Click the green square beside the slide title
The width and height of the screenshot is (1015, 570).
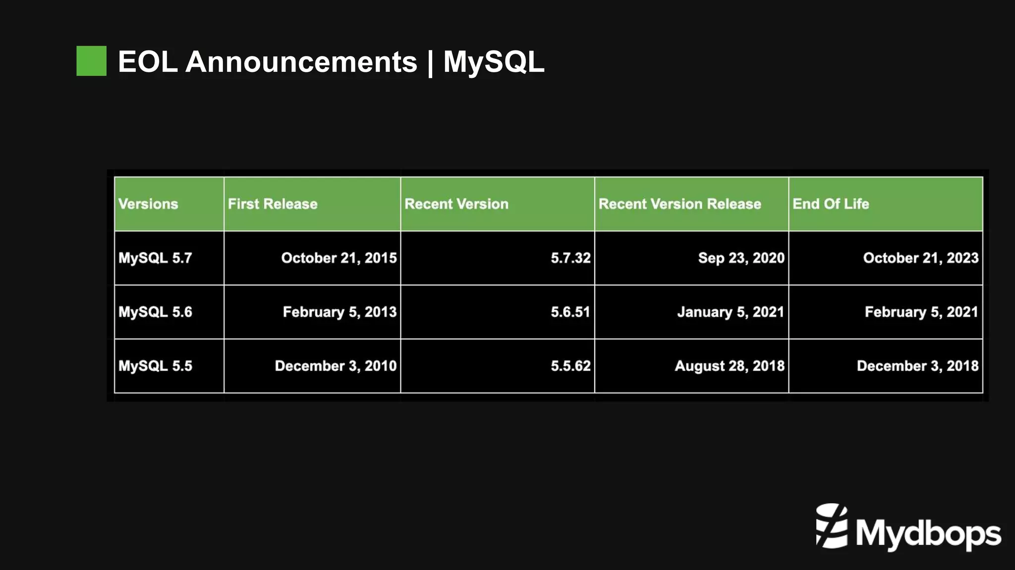91,61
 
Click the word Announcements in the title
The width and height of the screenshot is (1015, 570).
301,62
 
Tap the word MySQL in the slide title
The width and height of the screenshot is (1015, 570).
494,62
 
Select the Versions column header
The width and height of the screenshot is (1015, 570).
148,204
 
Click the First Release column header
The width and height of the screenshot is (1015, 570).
273,204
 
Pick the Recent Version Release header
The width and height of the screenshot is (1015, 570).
679,204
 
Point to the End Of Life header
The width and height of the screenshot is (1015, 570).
831,204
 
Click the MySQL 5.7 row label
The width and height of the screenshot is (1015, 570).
155,258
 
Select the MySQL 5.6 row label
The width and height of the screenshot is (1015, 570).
155,312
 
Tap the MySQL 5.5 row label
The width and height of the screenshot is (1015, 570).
155,366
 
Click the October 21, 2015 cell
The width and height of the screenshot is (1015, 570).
339,258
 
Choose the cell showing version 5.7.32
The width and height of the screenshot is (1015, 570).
570,258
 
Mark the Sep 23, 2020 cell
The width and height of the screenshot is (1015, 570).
741,258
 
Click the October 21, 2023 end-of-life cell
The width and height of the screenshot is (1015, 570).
921,258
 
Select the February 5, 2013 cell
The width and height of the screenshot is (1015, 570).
339,312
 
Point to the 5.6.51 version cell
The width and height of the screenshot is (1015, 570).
570,312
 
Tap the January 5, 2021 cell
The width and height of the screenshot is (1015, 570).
731,312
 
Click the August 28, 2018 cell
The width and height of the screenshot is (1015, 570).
730,366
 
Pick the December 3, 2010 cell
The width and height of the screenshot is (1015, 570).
336,366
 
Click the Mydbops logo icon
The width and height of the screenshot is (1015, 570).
832,526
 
